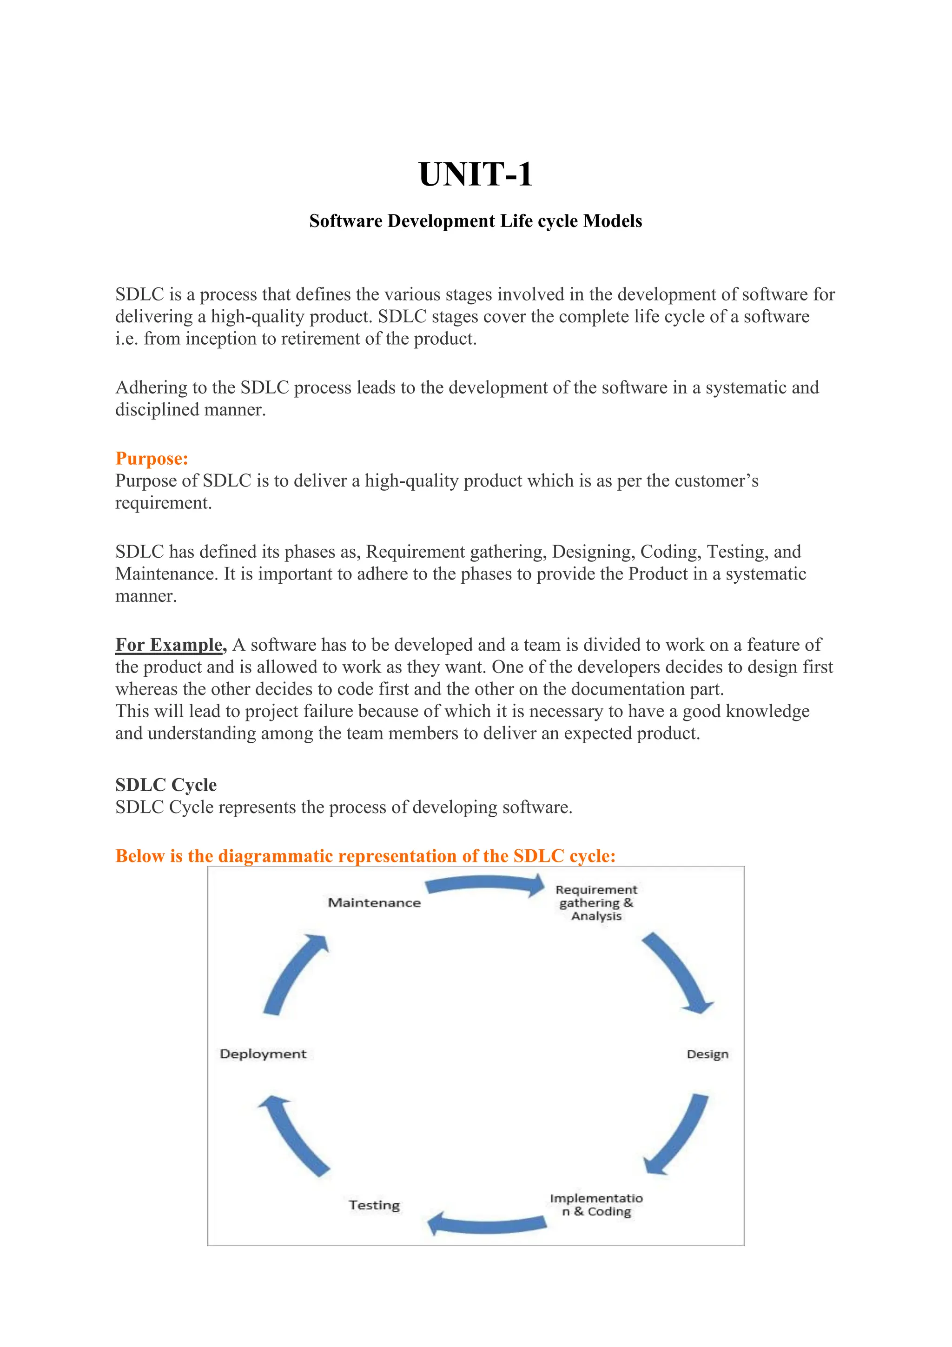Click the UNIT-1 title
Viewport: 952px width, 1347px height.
point(476,175)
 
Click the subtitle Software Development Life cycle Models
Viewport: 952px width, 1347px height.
point(476,221)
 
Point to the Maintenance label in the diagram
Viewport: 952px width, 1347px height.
point(374,903)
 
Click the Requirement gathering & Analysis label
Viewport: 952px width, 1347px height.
point(596,903)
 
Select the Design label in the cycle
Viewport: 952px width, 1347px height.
point(707,1054)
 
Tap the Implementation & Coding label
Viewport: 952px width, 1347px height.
point(596,1205)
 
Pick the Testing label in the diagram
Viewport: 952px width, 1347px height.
point(374,1205)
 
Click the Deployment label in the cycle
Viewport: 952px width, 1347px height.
point(263,1054)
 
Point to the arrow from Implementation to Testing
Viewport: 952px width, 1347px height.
point(487,1224)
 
